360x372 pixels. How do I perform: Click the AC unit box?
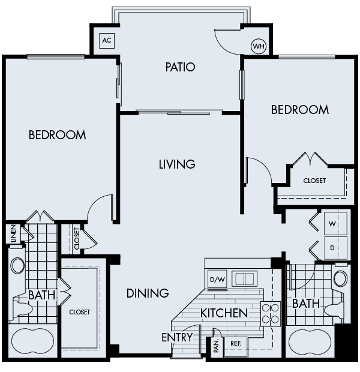coord(107,41)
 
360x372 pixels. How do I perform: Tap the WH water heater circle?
coord(259,46)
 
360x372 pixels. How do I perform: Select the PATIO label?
coord(181,67)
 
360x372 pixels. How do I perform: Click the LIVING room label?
coord(177,164)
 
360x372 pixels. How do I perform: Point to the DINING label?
coord(148,293)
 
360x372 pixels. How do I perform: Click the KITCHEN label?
coord(224,313)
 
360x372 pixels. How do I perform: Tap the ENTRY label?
coord(177,338)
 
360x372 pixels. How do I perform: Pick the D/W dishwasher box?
coord(216,279)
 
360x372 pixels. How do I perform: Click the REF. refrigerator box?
coord(235,344)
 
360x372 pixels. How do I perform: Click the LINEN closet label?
coord(13,233)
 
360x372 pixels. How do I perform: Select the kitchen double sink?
coord(244,279)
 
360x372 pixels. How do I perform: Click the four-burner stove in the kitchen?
coord(271,314)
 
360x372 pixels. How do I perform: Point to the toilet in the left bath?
coord(22,308)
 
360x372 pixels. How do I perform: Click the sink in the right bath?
coord(340,278)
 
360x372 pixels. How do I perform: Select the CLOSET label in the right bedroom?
coord(314,181)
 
